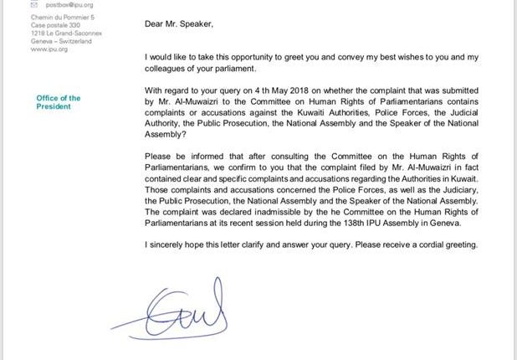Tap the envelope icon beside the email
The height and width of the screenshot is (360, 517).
coord(34,4)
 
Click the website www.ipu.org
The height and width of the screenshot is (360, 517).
coord(49,49)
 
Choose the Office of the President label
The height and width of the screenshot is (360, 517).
coord(59,102)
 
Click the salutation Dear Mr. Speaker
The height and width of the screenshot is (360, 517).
coord(178,24)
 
